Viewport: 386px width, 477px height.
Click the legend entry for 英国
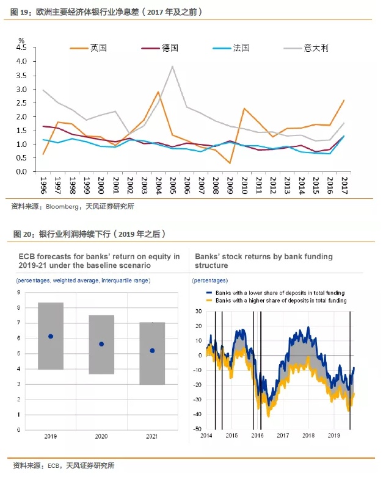(x=98, y=48)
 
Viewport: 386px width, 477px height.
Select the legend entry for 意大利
(x=315, y=48)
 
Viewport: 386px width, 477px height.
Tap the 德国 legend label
(x=170, y=48)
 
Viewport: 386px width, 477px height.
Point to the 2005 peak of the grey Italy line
(x=173, y=66)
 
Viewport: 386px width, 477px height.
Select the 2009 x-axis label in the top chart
(x=229, y=185)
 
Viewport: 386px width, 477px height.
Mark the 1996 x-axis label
(x=43, y=185)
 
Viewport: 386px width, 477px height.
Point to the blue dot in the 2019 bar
(x=51, y=336)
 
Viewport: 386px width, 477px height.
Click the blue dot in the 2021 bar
(x=152, y=351)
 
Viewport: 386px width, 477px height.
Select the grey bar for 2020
(x=101, y=345)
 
